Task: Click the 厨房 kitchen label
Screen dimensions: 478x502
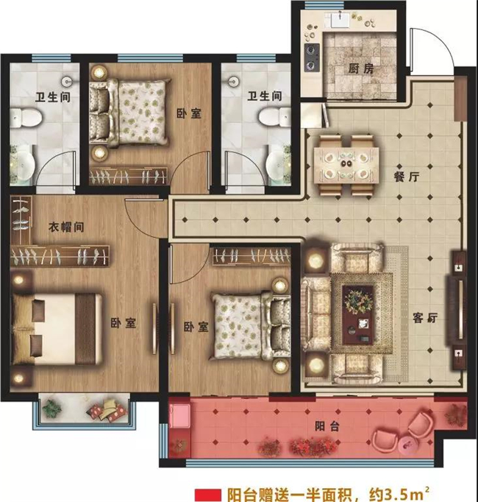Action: pos(361,69)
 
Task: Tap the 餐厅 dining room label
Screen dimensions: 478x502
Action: pos(407,177)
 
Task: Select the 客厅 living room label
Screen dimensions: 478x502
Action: pos(425,318)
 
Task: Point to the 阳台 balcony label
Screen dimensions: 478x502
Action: pos(327,426)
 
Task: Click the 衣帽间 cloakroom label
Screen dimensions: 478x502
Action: pos(66,227)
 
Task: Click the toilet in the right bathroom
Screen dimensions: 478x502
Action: pos(274,116)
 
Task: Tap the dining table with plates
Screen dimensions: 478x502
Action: pos(346,165)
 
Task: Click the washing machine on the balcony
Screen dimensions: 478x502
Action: pos(180,415)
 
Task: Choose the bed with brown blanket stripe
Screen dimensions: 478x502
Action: pos(57,329)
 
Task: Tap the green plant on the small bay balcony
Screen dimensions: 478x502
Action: pos(51,409)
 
